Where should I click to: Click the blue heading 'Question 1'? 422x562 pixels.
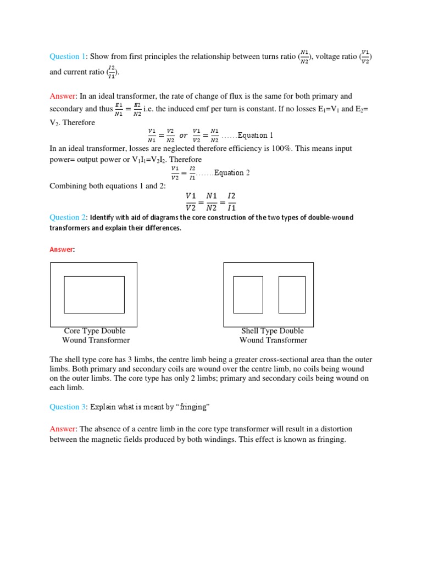pyautogui.click(x=68, y=57)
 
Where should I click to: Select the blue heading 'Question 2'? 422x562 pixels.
pyautogui.click(x=68, y=218)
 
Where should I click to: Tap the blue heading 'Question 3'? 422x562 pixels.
pyautogui.click(x=68, y=407)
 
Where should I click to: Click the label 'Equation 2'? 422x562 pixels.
pyautogui.click(x=232, y=173)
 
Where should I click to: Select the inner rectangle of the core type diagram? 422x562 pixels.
pyautogui.click(x=94, y=295)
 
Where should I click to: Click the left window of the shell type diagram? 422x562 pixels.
pyautogui.click(x=248, y=295)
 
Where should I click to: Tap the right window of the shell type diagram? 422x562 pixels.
pyautogui.click(x=292, y=295)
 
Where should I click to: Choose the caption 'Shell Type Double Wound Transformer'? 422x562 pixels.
pyautogui.click(x=273, y=335)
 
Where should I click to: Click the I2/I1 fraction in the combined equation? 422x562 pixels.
pyautogui.click(x=231, y=201)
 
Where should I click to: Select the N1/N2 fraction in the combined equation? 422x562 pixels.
pyautogui.click(x=211, y=201)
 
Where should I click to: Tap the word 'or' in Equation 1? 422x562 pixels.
pyautogui.click(x=184, y=136)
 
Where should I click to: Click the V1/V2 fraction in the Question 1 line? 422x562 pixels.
pyautogui.click(x=366, y=57)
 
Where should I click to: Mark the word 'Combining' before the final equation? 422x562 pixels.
pyautogui.click(x=67, y=186)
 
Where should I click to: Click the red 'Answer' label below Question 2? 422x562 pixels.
pyautogui.click(x=62, y=250)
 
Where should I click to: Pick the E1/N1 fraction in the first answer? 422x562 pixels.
pyautogui.click(x=119, y=109)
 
